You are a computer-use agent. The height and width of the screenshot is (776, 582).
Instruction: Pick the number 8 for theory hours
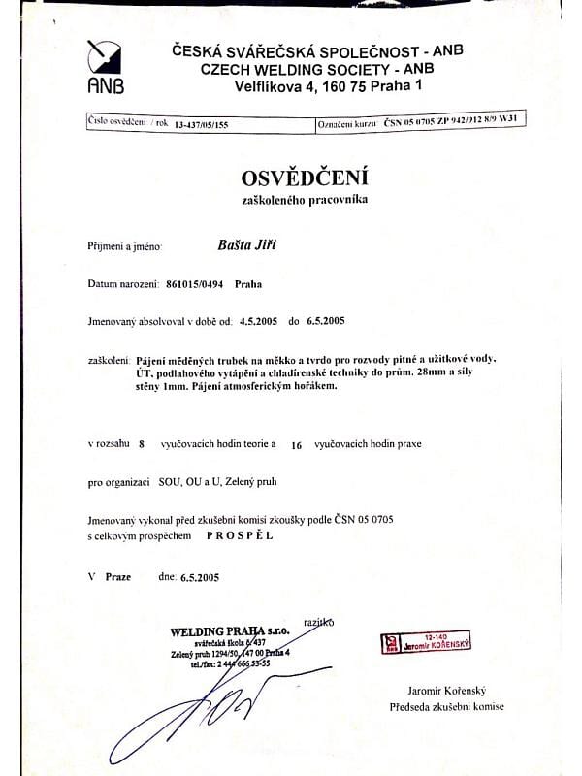click(x=141, y=444)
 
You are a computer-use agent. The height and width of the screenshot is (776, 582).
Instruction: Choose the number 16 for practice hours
click(x=297, y=444)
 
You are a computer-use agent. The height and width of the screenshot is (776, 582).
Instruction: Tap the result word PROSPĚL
click(x=240, y=534)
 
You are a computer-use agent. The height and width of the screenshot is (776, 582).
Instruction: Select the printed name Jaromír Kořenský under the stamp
click(x=451, y=690)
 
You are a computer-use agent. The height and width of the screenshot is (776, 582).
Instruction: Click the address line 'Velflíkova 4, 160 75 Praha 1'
click(x=329, y=86)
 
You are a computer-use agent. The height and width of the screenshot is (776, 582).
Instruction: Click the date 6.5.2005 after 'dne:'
click(x=200, y=577)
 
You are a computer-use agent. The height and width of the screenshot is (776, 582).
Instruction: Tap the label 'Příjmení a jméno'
click(x=124, y=248)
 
